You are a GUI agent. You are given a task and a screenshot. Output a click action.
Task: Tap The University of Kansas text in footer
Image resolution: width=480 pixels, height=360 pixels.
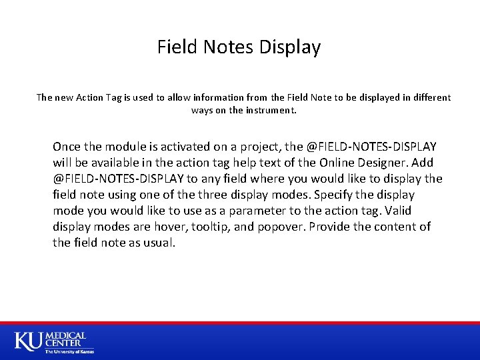click(69, 351)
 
